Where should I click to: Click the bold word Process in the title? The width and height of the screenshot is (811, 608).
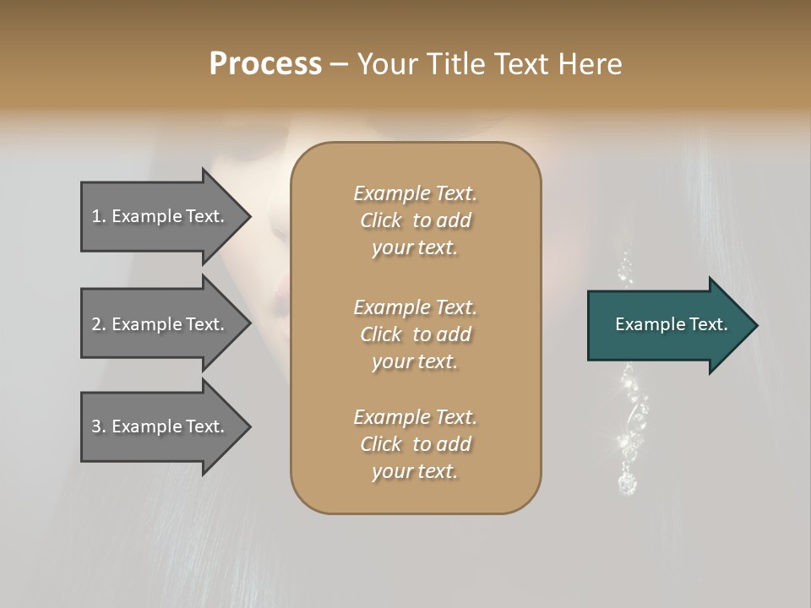pos(265,64)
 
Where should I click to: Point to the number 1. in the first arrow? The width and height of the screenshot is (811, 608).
pos(99,216)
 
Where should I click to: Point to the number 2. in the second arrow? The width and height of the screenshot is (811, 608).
pos(99,324)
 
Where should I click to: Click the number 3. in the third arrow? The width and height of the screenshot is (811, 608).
pos(99,426)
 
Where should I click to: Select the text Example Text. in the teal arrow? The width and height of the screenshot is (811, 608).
pos(672,324)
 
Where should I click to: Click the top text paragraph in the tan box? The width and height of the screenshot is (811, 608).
pos(415,220)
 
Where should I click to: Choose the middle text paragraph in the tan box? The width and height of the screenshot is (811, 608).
pos(415,334)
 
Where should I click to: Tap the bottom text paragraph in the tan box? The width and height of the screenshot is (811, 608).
pos(415,444)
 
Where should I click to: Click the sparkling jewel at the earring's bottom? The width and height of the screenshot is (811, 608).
pos(626,483)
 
